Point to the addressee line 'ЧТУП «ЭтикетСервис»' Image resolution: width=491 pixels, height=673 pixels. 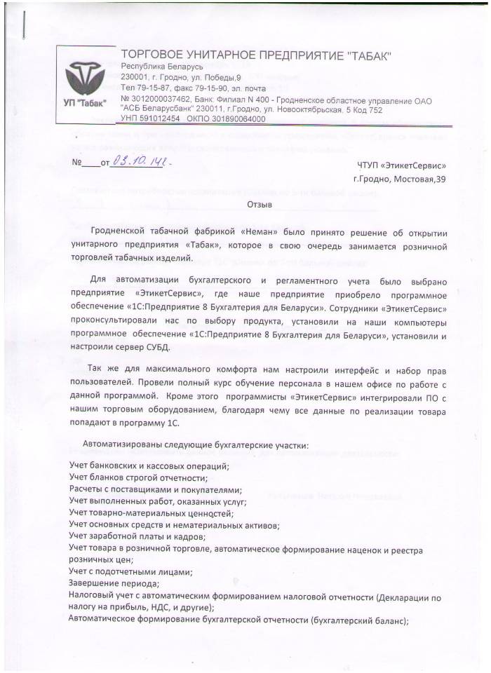[401, 165]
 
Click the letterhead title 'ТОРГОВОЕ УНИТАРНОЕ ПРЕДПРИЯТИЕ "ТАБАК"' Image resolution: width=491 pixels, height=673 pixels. [257, 55]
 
